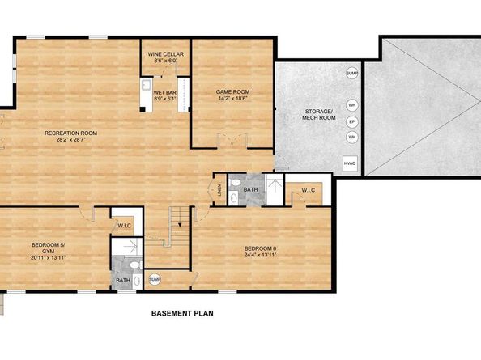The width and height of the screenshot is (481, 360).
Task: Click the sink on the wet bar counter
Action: click(x=147, y=85)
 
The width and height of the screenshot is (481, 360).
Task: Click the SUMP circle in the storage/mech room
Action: click(x=351, y=74)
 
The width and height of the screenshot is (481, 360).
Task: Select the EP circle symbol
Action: click(x=351, y=121)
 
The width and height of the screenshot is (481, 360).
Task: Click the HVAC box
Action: click(x=350, y=164)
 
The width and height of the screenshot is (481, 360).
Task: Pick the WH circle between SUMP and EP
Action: click(x=351, y=105)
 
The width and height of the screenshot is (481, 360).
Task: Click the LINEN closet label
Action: click(x=219, y=191)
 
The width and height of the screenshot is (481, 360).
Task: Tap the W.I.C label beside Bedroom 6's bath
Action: click(x=308, y=191)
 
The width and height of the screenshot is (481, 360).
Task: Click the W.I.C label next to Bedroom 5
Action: click(x=126, y=225)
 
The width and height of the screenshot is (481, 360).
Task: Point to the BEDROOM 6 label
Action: click(x=260, y=251)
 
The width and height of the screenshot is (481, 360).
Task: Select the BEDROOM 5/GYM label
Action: click(x=48, y=251)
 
